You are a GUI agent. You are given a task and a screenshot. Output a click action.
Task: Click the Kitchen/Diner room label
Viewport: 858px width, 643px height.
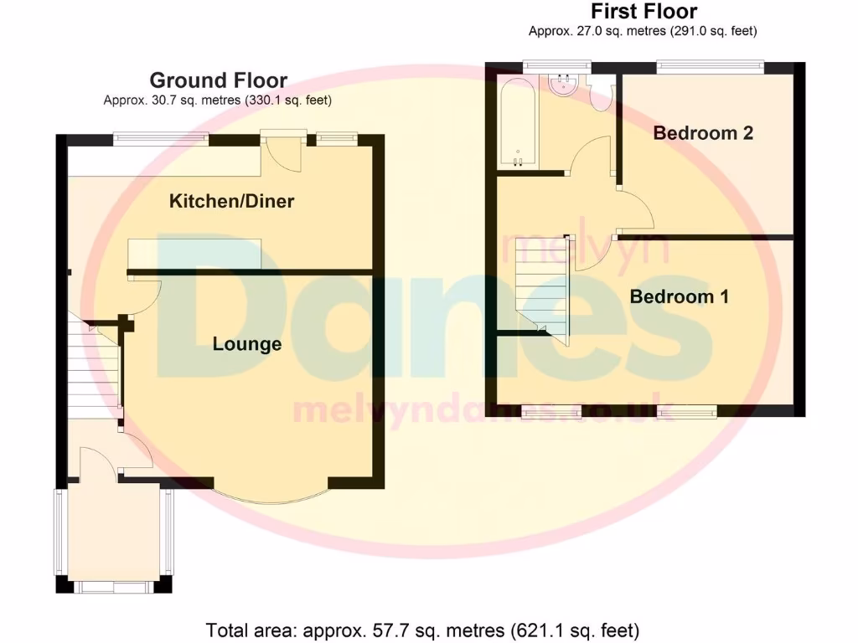231,201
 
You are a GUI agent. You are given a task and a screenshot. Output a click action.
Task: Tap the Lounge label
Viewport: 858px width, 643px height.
246,344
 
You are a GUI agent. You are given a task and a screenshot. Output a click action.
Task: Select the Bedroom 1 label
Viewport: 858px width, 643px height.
679,296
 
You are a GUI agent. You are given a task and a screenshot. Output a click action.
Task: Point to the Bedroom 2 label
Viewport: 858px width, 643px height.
703,132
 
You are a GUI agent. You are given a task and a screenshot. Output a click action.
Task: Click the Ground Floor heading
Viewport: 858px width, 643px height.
218,80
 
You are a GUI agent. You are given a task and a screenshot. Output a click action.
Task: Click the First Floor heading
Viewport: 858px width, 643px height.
643,12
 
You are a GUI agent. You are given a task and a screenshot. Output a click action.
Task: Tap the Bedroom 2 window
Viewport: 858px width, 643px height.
710,65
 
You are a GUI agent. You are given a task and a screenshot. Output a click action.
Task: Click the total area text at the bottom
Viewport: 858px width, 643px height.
422,629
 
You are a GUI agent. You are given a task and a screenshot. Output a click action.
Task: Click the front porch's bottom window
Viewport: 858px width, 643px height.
113,586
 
